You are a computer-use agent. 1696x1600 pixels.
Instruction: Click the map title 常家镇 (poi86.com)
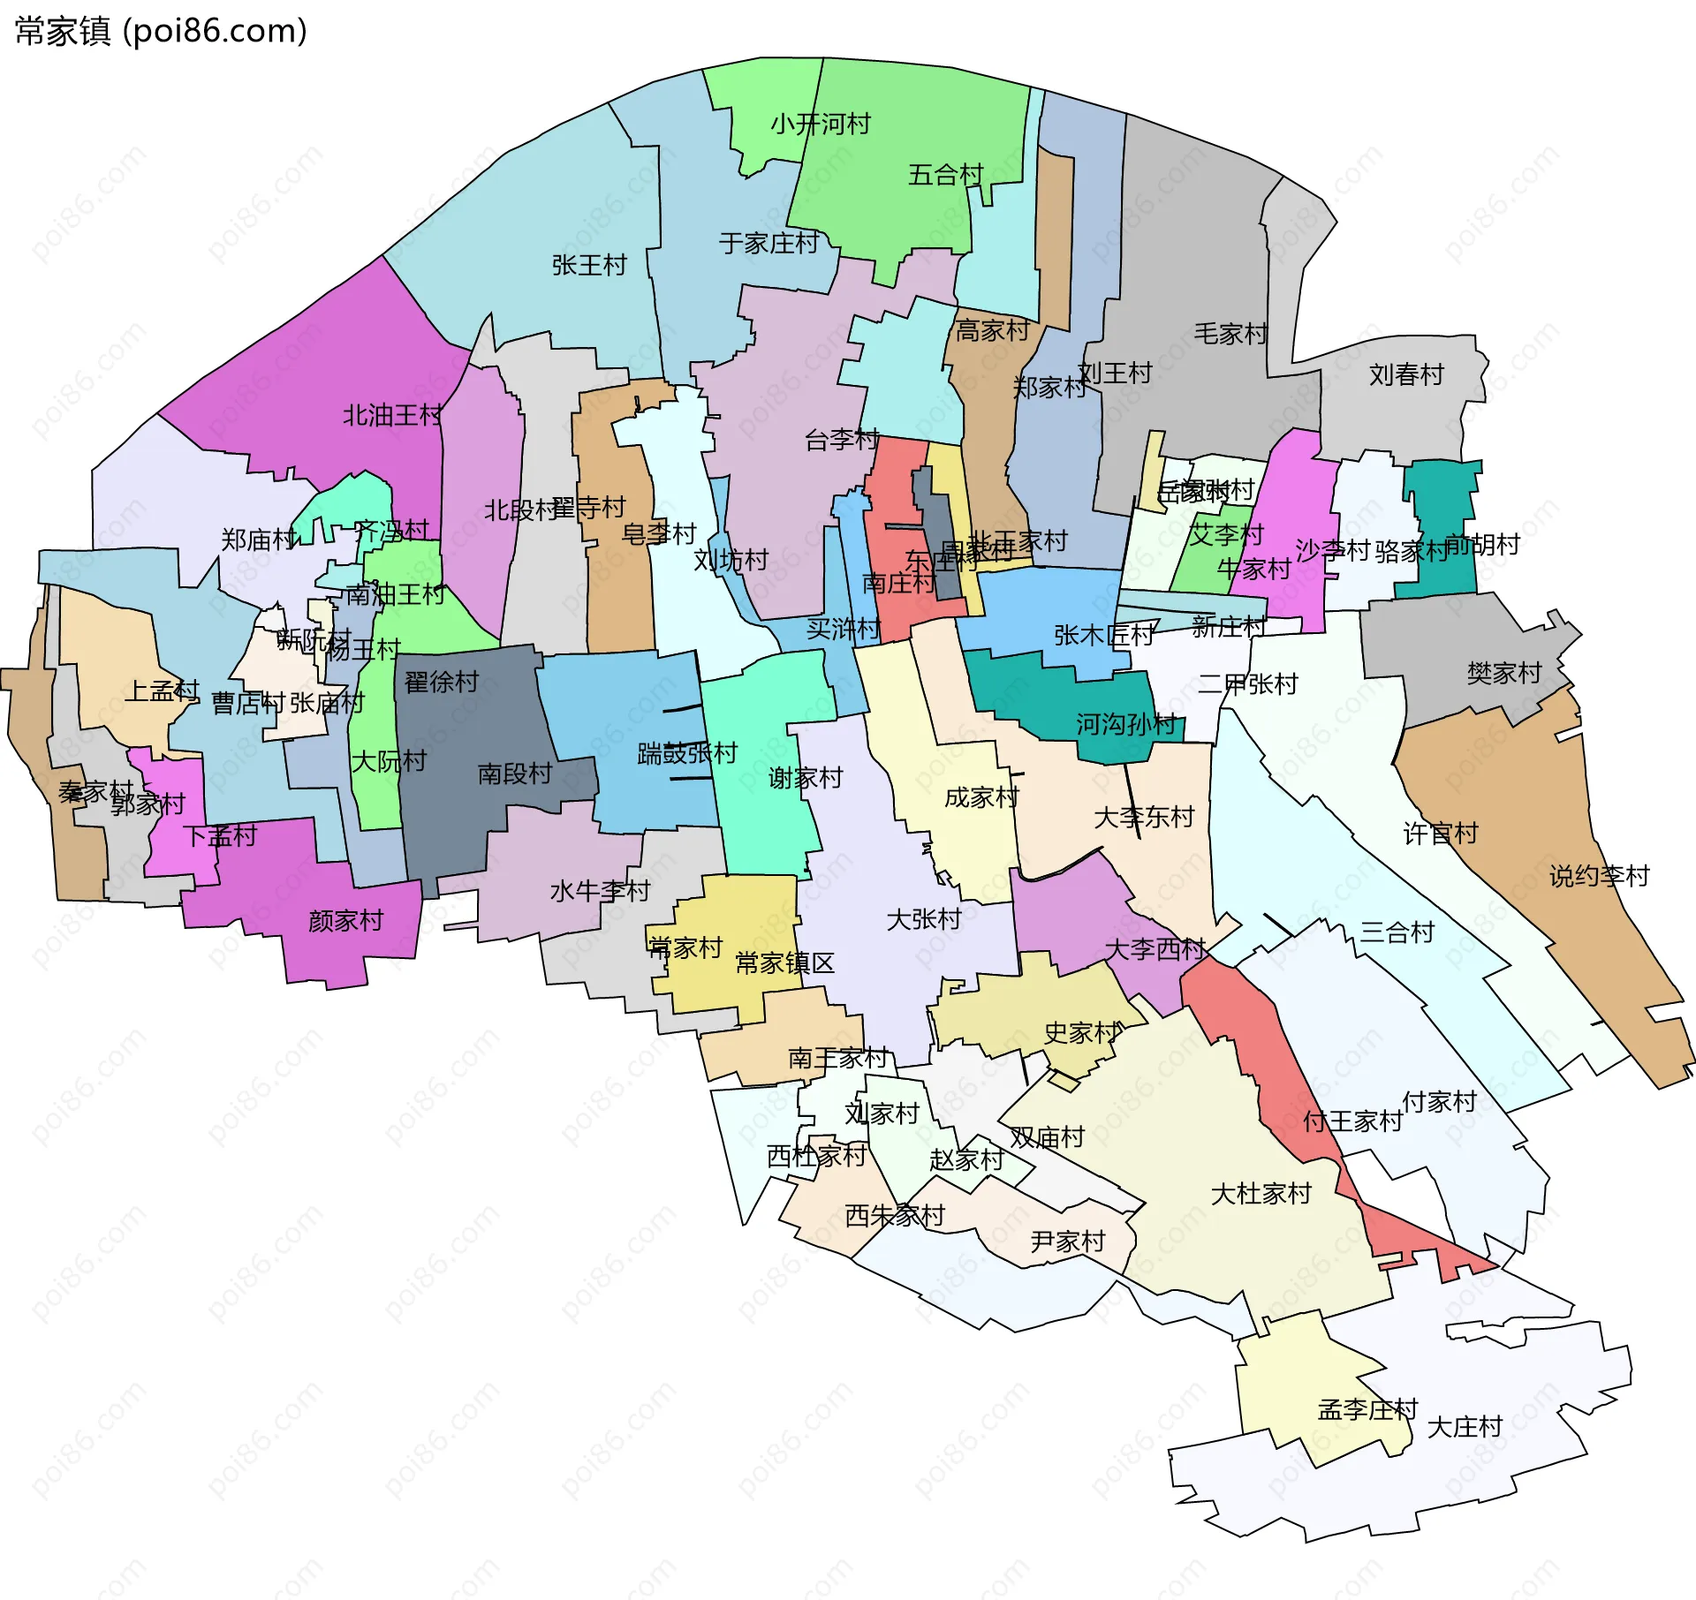[x=161, y=31]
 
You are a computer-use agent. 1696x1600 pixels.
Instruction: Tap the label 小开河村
[x=821, y=124]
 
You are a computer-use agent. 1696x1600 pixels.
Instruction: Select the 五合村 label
[x=945, y=175]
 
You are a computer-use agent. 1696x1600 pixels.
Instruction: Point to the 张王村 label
[x=589, y=265]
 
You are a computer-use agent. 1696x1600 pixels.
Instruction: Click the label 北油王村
[x=392, y=415]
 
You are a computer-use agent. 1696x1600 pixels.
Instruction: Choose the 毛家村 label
[x=1230, y=334]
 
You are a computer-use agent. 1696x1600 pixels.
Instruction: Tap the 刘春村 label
[x=1406, y=375]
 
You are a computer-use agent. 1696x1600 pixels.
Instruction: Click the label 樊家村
[x=1504, y=674]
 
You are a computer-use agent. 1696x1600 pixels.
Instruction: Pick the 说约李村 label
[x=1600, y=877]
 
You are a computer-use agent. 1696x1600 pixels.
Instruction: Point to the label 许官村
[x=1441, y=834]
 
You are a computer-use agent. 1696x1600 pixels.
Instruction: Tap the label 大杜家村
[x=1261, y=1194]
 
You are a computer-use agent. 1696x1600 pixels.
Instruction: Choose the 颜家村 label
[x=345, y=921]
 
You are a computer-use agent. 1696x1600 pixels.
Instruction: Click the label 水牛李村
[x=600, y=891]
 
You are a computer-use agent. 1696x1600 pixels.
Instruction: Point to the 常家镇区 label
[x=784, y=963]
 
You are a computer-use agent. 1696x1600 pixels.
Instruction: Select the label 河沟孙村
[x=1125, y=725]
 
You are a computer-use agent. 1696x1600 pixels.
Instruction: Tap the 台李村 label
[x=842, y=439]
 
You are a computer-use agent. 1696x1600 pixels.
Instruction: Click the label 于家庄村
[x=768, y=243]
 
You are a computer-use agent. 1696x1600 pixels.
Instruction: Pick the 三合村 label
[x=1397, y=932]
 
